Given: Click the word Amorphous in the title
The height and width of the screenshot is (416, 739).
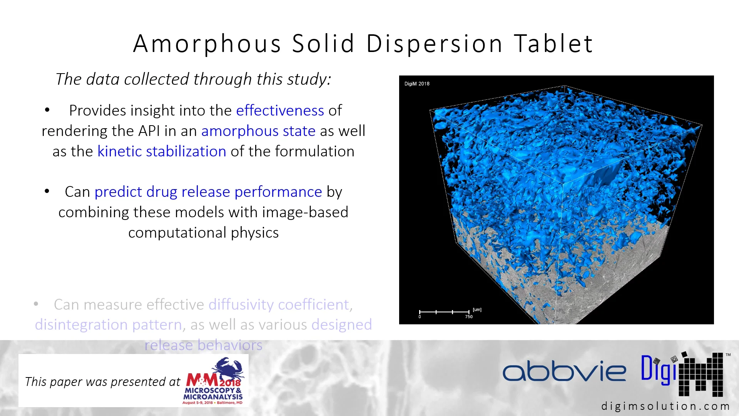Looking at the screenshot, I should pyautogui.click(x=207, y=44).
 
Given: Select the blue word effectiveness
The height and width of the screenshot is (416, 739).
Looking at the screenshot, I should pyautogui.click(x=280, y=111).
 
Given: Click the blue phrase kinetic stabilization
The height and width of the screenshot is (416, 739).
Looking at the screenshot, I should pyautogui.click(x=162, y=151).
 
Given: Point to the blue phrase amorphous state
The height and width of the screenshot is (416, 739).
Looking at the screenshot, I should pyautogui.click(x=258, y=131).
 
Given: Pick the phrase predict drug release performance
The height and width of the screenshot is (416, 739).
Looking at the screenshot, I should pyautogui.click(x=208, y=192).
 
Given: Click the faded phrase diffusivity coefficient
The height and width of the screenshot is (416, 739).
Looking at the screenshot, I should pyautogui.click(x=279, y=305).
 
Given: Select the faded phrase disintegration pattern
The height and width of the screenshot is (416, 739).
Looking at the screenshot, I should pyautogui.click(x=108, y=325).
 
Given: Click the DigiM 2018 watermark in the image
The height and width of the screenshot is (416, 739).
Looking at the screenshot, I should pyautogui.click(x=417, y=84).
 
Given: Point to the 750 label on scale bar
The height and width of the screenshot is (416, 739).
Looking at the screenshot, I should pyautogui.click(x=468, y=317).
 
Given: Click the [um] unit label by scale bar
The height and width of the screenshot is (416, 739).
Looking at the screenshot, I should pyautogui.click(x=477, y=309).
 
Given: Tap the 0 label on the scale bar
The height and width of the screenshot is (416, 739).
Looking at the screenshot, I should pyautogui.click(x=420, y=317).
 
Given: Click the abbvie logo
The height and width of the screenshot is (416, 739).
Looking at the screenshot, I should pyautogui.click(x=564, y=371).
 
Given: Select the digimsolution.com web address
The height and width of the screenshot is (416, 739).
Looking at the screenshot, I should pyautogui.click(x=665, y=406).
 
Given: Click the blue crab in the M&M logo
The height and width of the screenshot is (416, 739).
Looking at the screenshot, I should pyautogui.click(x=228, y=368).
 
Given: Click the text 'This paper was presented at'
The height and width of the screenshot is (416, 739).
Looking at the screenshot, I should pyautogui.click(x=102, y=382).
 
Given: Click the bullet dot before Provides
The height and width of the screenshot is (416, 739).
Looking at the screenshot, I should pyautogui.click(x=47, y=110).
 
